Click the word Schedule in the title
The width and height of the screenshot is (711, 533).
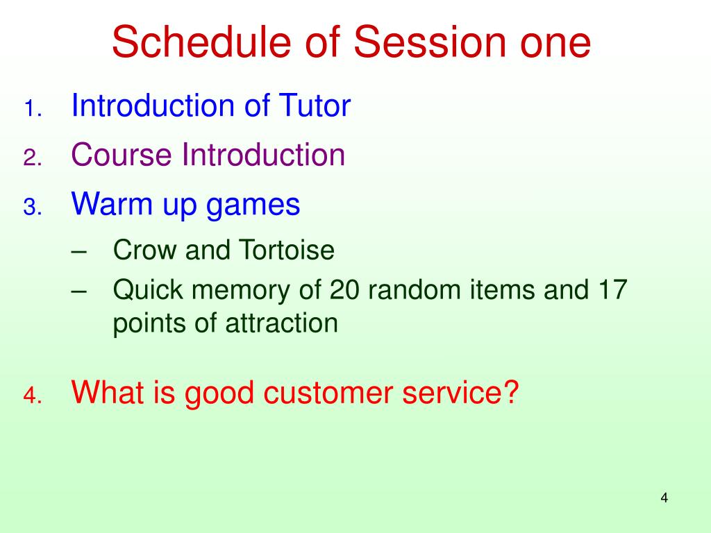point(201,42)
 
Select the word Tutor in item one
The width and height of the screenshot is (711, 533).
point(315,105)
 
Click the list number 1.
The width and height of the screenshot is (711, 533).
point(33,109)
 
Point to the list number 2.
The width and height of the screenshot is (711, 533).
point(33,158)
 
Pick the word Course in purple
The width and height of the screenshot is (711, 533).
point(122,155)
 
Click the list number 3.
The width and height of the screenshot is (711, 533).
point(33,207)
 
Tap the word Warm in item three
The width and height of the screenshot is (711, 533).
point(112,203)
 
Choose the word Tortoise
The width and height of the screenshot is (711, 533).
point(287,250)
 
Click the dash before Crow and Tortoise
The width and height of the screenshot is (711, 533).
point(79,252)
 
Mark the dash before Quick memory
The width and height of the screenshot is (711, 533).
point(79,292)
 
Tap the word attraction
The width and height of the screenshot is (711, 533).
point(282,323)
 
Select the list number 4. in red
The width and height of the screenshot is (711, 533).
point(33,396)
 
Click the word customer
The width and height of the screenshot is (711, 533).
point(328,392)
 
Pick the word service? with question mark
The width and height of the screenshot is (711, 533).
point(460,392)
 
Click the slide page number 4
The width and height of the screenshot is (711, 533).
point(664,498)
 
